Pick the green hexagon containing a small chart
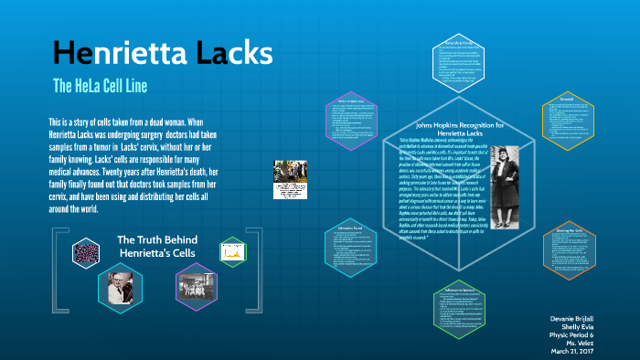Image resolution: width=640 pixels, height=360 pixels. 232,249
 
